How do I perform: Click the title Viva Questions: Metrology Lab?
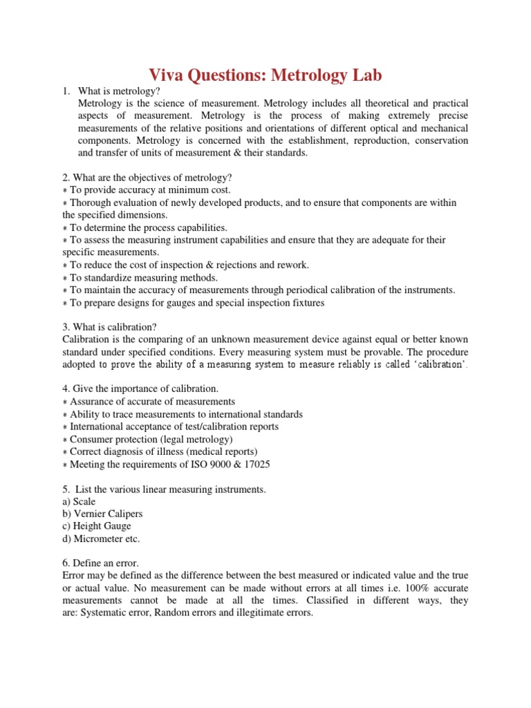(x=265, y=75)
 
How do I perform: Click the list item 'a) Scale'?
(x=79, y=501)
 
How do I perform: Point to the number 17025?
(x=256, y=464)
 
